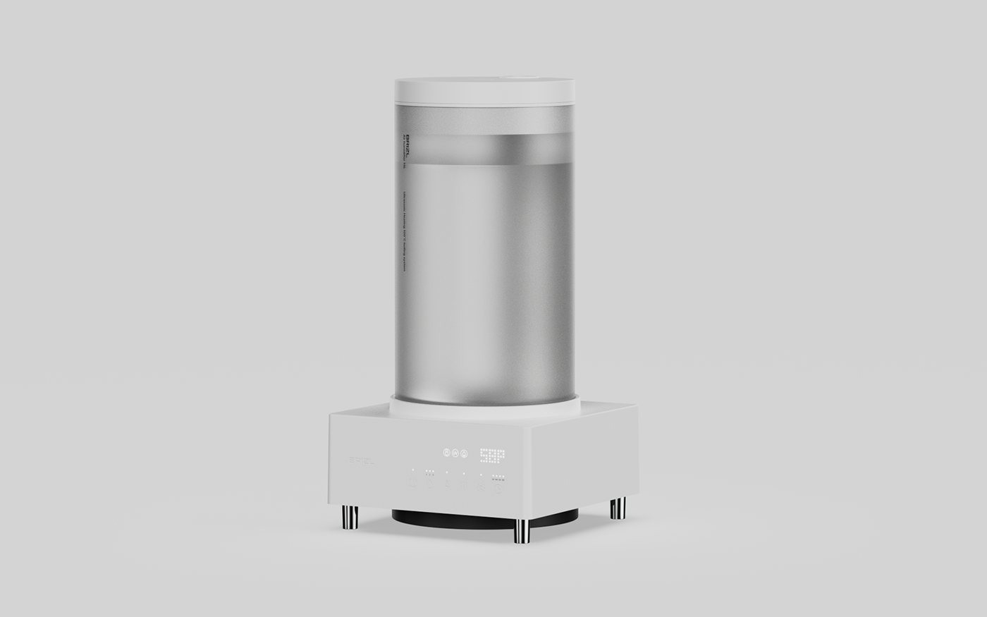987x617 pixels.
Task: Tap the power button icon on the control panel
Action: pyautogui.click(x=413, y=482)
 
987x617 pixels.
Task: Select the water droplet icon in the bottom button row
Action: pyautogui.click(x=429, y=484)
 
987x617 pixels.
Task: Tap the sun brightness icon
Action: pyautogui.click(x=481, y=487)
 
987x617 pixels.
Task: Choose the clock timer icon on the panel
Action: pyautogui.click(x=498, y=489)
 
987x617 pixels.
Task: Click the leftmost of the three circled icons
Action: pyautogui.click(x=446, y=453)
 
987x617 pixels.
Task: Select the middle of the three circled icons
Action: pyautogui.click(x=455, y=453)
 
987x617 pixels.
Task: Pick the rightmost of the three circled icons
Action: pyautogui.click(x=464, y=453)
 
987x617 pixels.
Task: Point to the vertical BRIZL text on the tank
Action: pyautogui.click(x=407, y=144)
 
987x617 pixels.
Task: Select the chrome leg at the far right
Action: pyautogui.click(x=618, y=508)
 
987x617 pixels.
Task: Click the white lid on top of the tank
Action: pyautogui.click(x=484, y=90)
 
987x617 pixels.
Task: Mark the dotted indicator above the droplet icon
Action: pyautogui.click(x=429, y=471)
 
